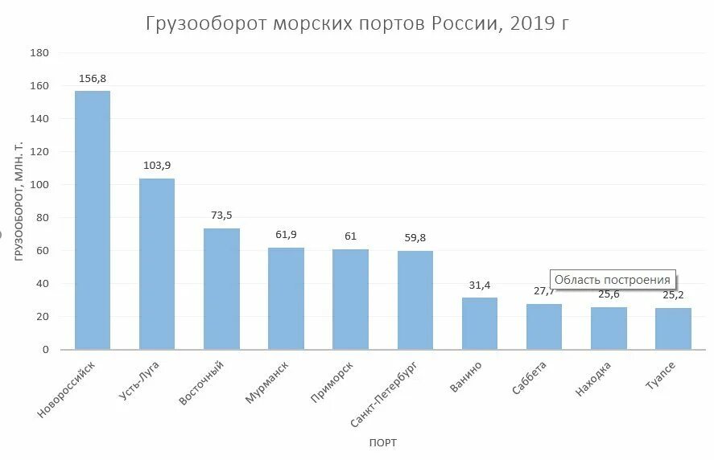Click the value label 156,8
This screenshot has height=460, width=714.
pos(93,79)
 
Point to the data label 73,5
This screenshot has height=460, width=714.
pos(221,216)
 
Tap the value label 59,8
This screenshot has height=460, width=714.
pos(415,238)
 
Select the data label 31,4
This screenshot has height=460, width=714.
pos(480,285)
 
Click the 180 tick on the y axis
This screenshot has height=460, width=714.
pos(39,53)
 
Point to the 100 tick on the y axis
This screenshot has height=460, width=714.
pos(39,185)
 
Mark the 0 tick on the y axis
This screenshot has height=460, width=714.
pos(46,350)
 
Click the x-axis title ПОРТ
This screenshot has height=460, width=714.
pos(383,443)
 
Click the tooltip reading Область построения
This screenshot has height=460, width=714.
pos(612,280)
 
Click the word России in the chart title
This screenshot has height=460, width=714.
pos(462,23)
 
